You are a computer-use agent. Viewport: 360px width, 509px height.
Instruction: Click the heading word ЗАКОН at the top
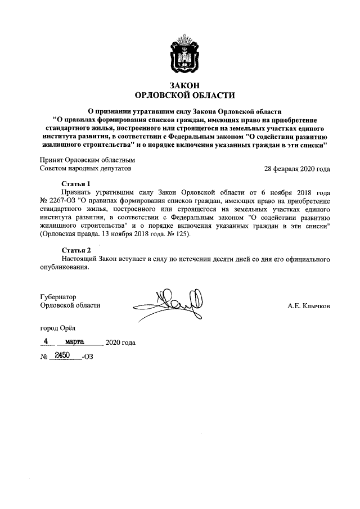pyautogui.click(x=181, y=84)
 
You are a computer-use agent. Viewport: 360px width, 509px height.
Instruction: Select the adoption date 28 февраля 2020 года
pyautogui.click(x=298, y=168)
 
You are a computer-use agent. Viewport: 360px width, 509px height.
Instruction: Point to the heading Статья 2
pyautogui.click(x=75, y=250)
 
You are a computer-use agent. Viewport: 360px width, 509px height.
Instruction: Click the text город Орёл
pyautogui.click(x=57, y=327)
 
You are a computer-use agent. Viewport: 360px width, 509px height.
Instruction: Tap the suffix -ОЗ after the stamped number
pyautogui.click(x=88, y=357)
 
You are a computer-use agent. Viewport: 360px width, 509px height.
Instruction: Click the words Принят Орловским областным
pyautogui.click(x=87, y=160)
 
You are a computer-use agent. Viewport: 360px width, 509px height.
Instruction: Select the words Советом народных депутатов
pyautogui.click(x=85, y=168)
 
